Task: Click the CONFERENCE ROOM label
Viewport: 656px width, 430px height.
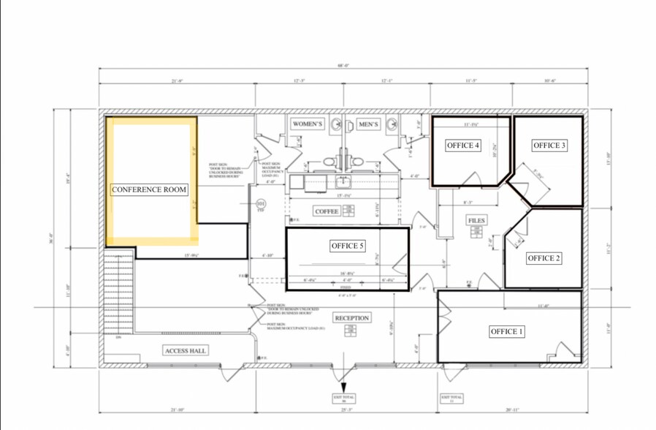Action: [149, 189]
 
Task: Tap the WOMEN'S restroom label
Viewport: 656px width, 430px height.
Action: [308, 124]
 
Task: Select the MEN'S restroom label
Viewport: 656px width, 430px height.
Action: [368, 124]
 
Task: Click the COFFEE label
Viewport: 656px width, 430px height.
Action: [326, 211]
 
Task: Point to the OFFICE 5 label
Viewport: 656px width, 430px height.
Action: [348, 246]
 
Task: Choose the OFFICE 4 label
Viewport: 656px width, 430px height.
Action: [463, 146]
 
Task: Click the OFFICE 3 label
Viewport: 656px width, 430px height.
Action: [549, 146]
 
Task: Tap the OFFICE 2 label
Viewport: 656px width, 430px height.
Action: [544, 258]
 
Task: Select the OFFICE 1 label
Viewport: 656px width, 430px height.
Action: [507, 332]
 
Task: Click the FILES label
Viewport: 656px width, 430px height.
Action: [476, 220]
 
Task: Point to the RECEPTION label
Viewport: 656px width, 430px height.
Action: [352, 318]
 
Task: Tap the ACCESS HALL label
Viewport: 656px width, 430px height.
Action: [186, 351]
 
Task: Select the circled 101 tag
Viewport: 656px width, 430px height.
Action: [261, 204]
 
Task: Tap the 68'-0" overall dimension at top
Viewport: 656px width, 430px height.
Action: [343, 65]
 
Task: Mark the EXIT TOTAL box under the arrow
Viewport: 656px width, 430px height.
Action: [343, 399]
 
